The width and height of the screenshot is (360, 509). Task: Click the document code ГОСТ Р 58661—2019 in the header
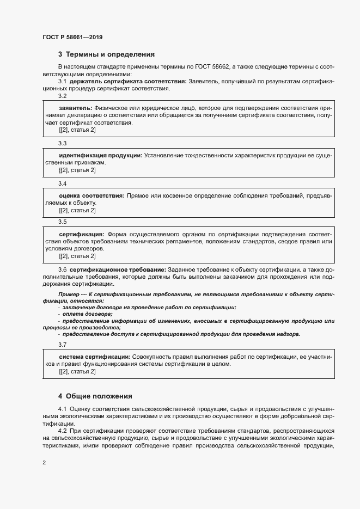[72, 37]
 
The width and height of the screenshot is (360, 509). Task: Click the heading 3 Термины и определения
[106, 54]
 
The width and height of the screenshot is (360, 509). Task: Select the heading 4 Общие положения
[95, 396]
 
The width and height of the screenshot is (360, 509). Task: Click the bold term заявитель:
[75, 108]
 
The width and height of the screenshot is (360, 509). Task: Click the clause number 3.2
[62, 96]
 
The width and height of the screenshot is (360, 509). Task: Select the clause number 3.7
[62, 345]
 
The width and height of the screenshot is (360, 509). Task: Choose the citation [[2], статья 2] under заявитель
[77, 130]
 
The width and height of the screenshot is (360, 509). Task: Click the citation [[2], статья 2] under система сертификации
[77, 371]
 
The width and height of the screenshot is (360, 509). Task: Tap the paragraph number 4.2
[62, 431]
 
